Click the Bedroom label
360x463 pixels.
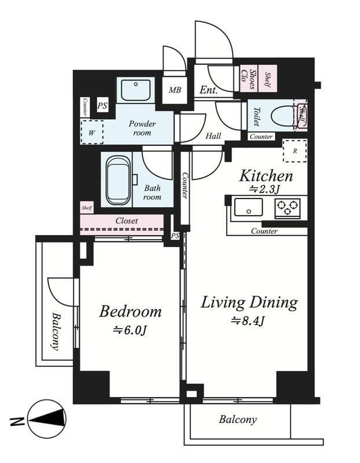tap(130, 311)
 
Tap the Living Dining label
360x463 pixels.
tap(249, 303)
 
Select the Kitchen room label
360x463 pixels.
tap(266, 176)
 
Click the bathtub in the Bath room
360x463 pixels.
tap(118, 181)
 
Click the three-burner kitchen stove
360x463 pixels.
tap(287, 208)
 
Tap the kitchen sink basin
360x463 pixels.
tap(248, 207)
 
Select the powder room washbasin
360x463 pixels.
tap(135, 90)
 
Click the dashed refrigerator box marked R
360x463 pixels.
tap(295, 151)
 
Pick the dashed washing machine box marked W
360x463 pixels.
tap(92, 132)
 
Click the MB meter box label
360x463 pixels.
tap(175, 90)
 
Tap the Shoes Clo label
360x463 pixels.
tap(248, 79)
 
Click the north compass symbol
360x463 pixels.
tap(47, 419)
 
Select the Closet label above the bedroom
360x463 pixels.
tap(127, 221)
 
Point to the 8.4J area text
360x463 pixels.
tap(248, 321)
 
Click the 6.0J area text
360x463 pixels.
tap(130, 330)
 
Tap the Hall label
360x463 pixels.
tap(213, 136)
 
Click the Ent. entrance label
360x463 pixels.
tap(208, 90)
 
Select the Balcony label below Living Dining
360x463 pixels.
tap(238, 420)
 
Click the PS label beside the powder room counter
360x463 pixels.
tap(102, 105)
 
